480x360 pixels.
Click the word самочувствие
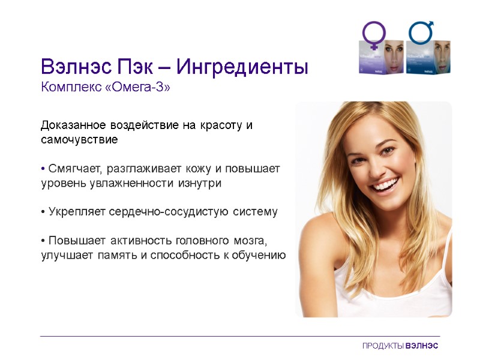click(x=79, y=140)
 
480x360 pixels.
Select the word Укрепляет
click(x=74, y=212)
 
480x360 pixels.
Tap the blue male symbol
click(x=422, y=34)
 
